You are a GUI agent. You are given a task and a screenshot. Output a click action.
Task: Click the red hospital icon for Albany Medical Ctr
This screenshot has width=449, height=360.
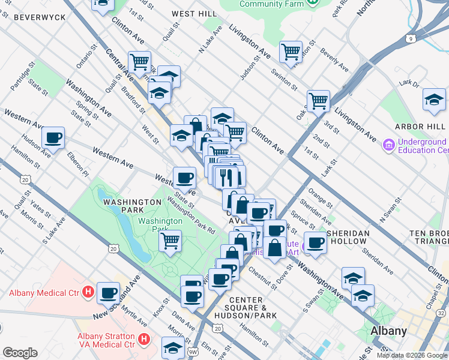point(88,293)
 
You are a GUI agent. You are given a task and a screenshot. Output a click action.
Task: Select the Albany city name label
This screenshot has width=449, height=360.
point(388,331)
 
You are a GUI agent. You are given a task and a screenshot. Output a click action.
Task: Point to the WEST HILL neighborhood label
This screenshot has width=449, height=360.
point(194,13)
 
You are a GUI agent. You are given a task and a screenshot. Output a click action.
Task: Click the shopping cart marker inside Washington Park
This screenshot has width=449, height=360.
point(170,241)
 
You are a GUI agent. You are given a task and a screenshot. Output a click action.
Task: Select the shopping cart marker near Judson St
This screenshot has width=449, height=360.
point(291,51)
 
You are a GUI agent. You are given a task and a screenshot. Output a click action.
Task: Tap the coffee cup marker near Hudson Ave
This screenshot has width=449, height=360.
point(53,138)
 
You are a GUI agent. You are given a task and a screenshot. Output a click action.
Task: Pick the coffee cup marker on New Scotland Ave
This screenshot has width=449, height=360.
point(109,293)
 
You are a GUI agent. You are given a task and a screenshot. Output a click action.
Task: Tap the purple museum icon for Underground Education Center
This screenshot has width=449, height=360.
point(388,145)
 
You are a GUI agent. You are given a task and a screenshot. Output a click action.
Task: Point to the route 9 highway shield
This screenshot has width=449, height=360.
point(410,39)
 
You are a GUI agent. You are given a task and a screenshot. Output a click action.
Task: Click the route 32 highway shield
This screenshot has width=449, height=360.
point(441,313)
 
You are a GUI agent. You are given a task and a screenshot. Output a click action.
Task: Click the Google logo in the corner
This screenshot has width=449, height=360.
point(20,353)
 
